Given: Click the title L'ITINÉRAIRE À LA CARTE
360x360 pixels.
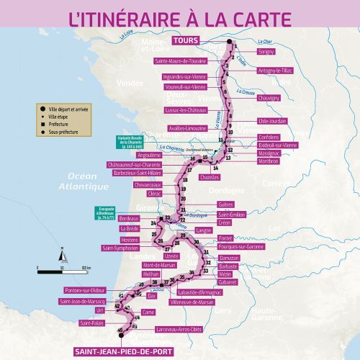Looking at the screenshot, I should click(x=180, y=17).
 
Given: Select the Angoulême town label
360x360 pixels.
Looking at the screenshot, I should click(x=148, y=155).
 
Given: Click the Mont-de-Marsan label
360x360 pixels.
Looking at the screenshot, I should click(x=160, y=265).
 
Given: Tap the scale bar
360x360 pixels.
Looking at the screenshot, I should click(x=60, y=271).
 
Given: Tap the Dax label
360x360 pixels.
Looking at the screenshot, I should click(x=151, y=295).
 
